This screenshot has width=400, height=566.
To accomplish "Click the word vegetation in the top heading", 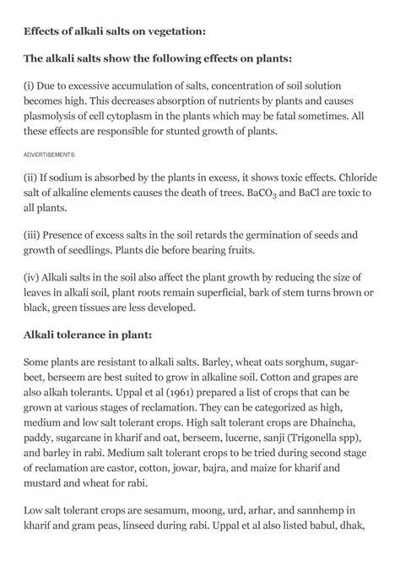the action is click(x=170, y=31).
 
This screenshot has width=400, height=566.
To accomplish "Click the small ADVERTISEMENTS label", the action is click(x=50, y=155).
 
